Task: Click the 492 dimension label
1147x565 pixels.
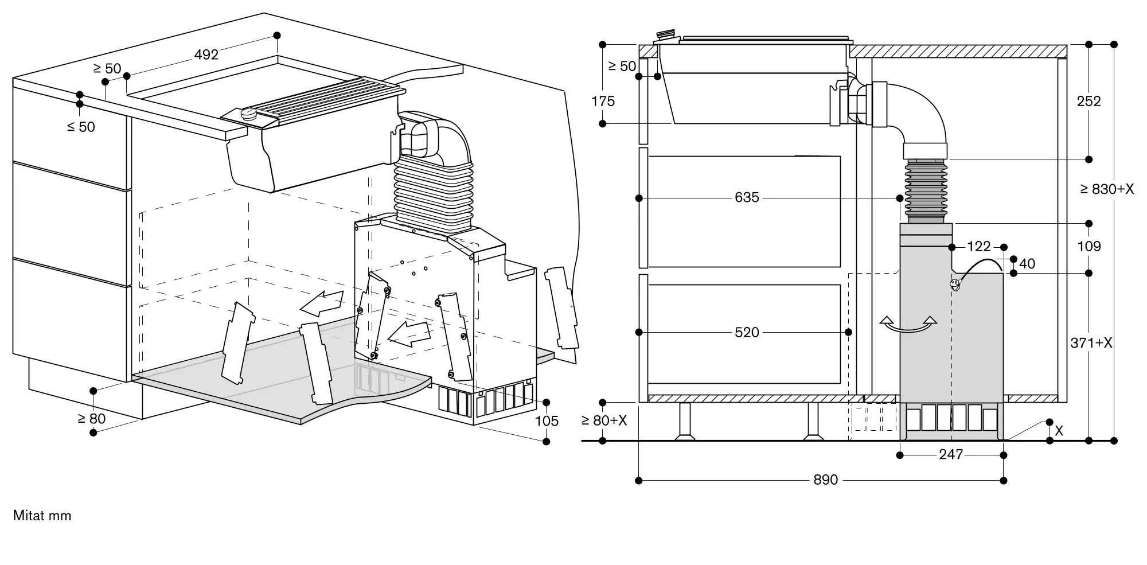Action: (x=206, y=54)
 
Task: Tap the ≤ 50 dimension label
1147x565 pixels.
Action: (x=81, y=127)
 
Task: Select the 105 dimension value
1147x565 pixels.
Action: (x=547, y=421)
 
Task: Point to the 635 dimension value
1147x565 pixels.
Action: (x=747, y=197)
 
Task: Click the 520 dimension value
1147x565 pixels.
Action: (x=747, y=332)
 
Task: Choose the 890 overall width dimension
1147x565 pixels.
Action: (x=826, y=480)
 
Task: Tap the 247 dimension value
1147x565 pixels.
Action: (x=951, y=454)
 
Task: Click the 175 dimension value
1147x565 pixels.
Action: (x=603, y=102)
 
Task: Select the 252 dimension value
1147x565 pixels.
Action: (x=1089, y=102)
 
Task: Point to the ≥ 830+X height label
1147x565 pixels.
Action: (x=1107, y=189)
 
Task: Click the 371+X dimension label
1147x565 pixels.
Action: (x=1091, y=343)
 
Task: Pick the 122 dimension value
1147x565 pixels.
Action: (x=979, y=246)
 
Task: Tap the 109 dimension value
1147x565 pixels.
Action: (x=1089, y=247)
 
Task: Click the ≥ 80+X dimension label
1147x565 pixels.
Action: (x=604, y=420)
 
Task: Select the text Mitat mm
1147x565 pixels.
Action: (x=42, y=516)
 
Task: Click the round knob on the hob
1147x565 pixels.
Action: (x=250, y=112)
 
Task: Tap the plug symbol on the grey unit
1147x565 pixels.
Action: (x=954, y=284)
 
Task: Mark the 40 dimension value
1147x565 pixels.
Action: (x=1027, y=263)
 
